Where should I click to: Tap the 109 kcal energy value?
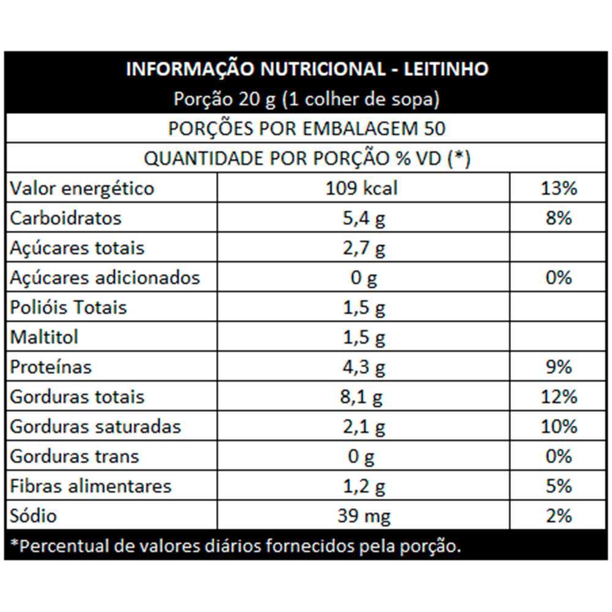363,188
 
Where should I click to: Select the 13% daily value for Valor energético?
559,188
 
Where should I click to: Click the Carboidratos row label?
65,218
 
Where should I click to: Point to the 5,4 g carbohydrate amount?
363,218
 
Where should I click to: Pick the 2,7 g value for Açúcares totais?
363,248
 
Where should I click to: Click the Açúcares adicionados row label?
105,278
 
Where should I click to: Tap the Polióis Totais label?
69,307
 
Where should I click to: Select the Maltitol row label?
44,337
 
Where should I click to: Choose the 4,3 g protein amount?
363,367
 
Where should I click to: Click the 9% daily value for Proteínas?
559,367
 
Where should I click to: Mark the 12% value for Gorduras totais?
559,397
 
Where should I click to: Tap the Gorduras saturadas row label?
95,427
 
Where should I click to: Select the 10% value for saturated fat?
559,427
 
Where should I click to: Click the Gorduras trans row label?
75,457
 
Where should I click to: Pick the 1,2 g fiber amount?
363,487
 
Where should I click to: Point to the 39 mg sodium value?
363,516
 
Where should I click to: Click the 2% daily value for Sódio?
559,516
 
